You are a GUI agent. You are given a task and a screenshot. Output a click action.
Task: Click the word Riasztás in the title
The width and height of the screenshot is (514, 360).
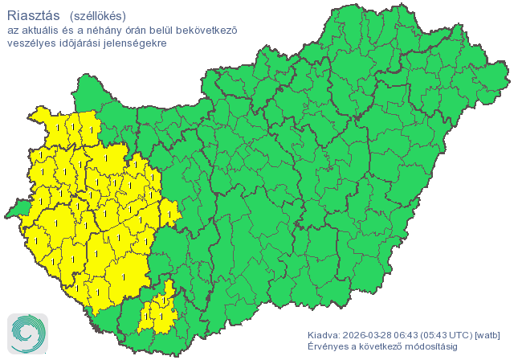(x=33, y=15)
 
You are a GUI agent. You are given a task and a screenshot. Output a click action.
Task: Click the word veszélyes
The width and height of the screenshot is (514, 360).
(x=30, y=43)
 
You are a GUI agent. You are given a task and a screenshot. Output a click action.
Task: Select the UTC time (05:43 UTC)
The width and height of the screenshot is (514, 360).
(x=451, y=334)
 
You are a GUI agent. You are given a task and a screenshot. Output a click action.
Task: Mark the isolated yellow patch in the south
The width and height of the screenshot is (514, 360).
(x=158, y=309)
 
